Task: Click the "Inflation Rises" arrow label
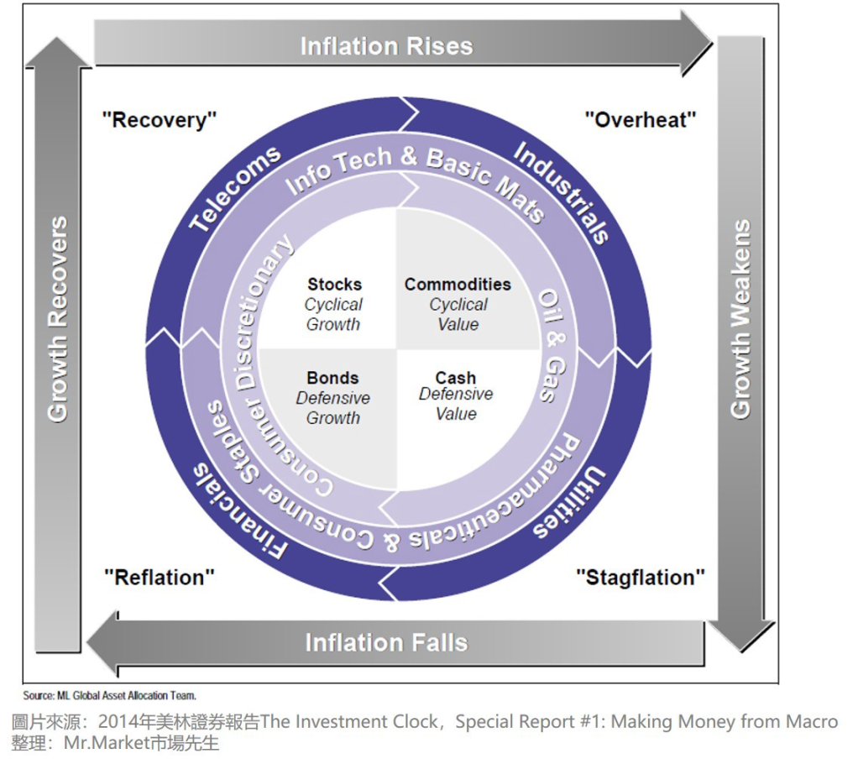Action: pos(386,45)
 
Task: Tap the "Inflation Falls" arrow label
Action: pos(385,643)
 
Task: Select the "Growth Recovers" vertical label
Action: pos(57,319)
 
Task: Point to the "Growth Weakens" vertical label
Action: pos(740,319)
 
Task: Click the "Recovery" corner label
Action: pos(159,120)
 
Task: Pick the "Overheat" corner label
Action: pos(641,120)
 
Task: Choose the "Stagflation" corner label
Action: pos(640,578)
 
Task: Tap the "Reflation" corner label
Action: pos(159,578)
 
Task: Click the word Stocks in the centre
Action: pos(334,285)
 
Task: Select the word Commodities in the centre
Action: pos(458,285)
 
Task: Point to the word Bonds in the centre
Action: pos(332,378)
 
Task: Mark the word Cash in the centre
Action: pos(456,378)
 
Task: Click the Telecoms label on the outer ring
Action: pos(234,190)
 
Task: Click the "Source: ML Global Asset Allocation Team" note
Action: pos(109,695)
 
